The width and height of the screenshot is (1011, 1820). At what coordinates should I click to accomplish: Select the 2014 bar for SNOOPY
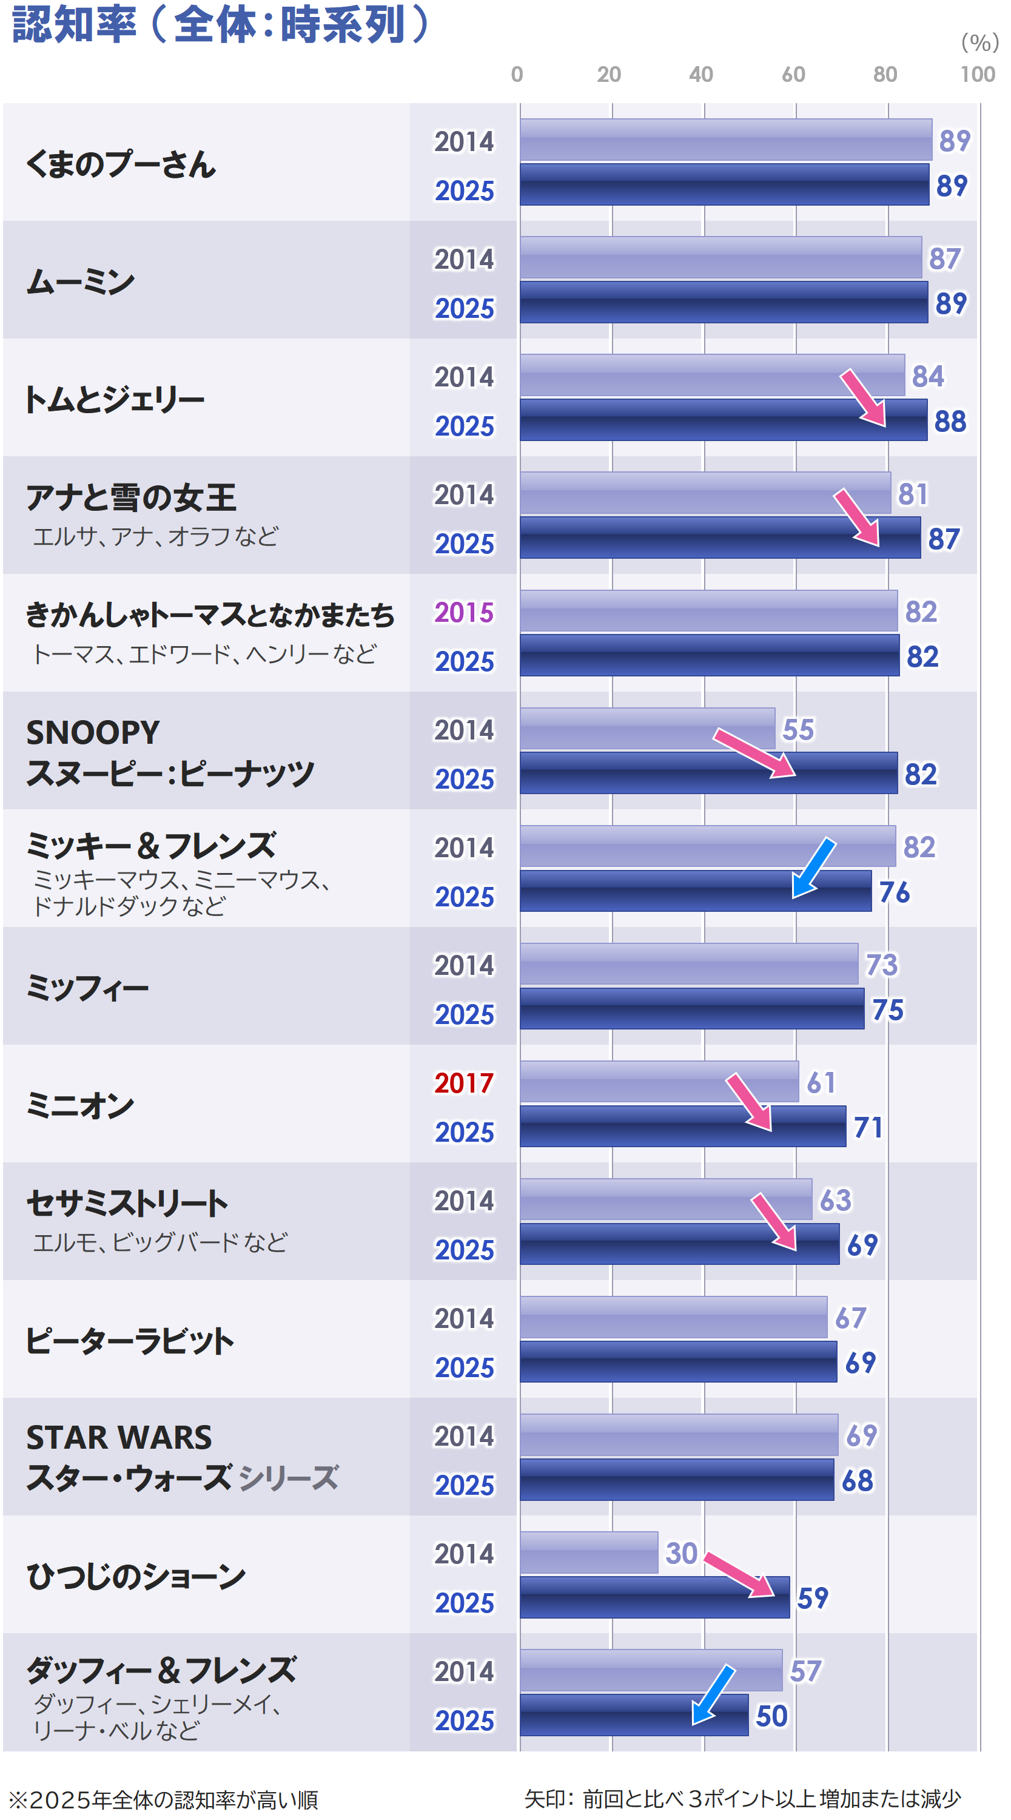647,728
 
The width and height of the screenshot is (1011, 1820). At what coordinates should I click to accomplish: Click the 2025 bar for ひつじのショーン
654,1597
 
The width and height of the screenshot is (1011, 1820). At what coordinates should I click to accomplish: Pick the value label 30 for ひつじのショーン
680,1552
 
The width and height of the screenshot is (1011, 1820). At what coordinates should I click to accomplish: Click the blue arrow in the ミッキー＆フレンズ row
813,868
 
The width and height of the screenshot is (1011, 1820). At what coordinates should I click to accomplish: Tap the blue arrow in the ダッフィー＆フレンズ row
712,1694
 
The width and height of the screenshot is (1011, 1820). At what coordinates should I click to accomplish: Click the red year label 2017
463,1082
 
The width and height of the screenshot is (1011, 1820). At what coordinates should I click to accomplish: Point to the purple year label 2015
463,612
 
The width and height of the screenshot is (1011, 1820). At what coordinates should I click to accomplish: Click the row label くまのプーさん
120,164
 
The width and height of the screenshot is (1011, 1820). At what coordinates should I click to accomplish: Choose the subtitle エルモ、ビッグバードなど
160,1242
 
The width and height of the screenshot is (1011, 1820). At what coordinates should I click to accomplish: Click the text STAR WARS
119,1437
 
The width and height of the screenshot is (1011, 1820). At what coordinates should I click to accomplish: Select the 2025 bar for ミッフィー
691,1008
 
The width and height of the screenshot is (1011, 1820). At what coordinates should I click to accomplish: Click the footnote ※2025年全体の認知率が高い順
163,1799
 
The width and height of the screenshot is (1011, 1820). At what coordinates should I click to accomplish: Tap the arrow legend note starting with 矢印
741,1798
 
